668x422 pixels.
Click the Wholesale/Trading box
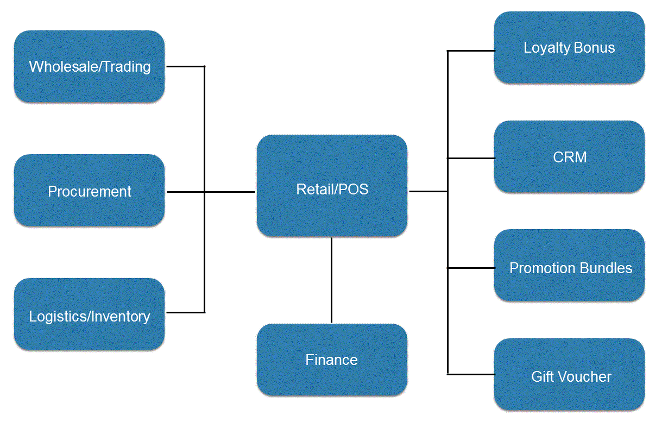(x=89, y=66)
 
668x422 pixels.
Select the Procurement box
(x=89, y=191)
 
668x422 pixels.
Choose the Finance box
(x=332, y=360)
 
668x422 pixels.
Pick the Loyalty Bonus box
(x=569, y=48)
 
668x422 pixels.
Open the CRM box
(x=569, y=157)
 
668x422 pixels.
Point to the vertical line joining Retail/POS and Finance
(x=331, y=280)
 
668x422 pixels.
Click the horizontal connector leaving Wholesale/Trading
(x=185, y=66)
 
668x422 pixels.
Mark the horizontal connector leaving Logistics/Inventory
(x=185, y=312)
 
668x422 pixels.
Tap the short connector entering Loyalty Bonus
(x=471, y=51)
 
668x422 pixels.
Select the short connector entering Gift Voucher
(x=471, y=374)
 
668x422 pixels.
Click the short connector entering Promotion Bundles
(x=471, y=268)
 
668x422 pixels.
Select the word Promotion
(x=544, y=268)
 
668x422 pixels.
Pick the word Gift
(x=543, y=376)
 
